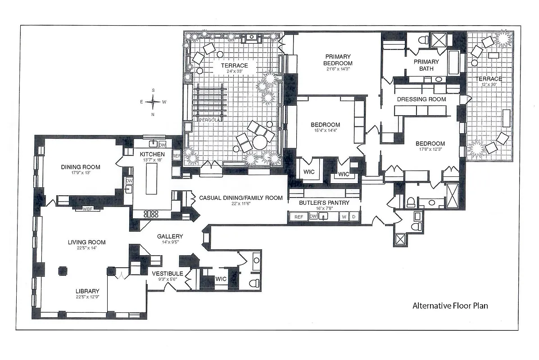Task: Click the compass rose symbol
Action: (x=153, y=102)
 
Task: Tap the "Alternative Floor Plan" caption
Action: (x=450, y=306)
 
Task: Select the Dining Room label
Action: (x=81, y=167)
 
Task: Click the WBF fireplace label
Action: (x=88, y=208)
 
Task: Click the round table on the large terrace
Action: (x=260, y=143)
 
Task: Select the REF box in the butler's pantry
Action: (x=298, y=217)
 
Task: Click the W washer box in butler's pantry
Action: (x=344, y=217)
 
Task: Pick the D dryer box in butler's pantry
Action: (x=354, y=217)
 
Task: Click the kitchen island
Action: (x=152, y=178)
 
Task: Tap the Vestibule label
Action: (x=167, y=274)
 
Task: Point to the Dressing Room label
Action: (x=421, y=99)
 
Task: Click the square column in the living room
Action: (x=62, y=270)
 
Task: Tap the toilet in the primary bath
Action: (x=422, y=40)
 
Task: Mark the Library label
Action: (x=87, y=291)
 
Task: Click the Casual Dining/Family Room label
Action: (x=241, y=198)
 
